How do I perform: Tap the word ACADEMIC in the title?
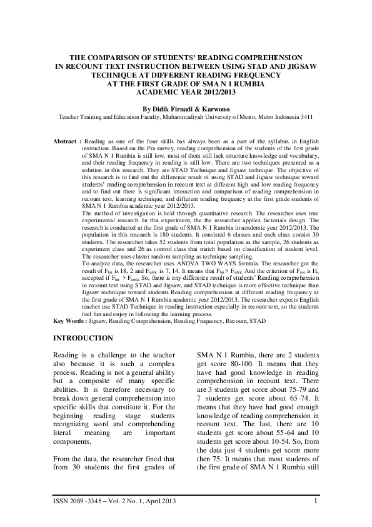[159, 92]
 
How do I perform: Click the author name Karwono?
[216, 108]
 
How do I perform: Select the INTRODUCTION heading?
[83, 339]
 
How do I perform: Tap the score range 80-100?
[232, 365]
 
